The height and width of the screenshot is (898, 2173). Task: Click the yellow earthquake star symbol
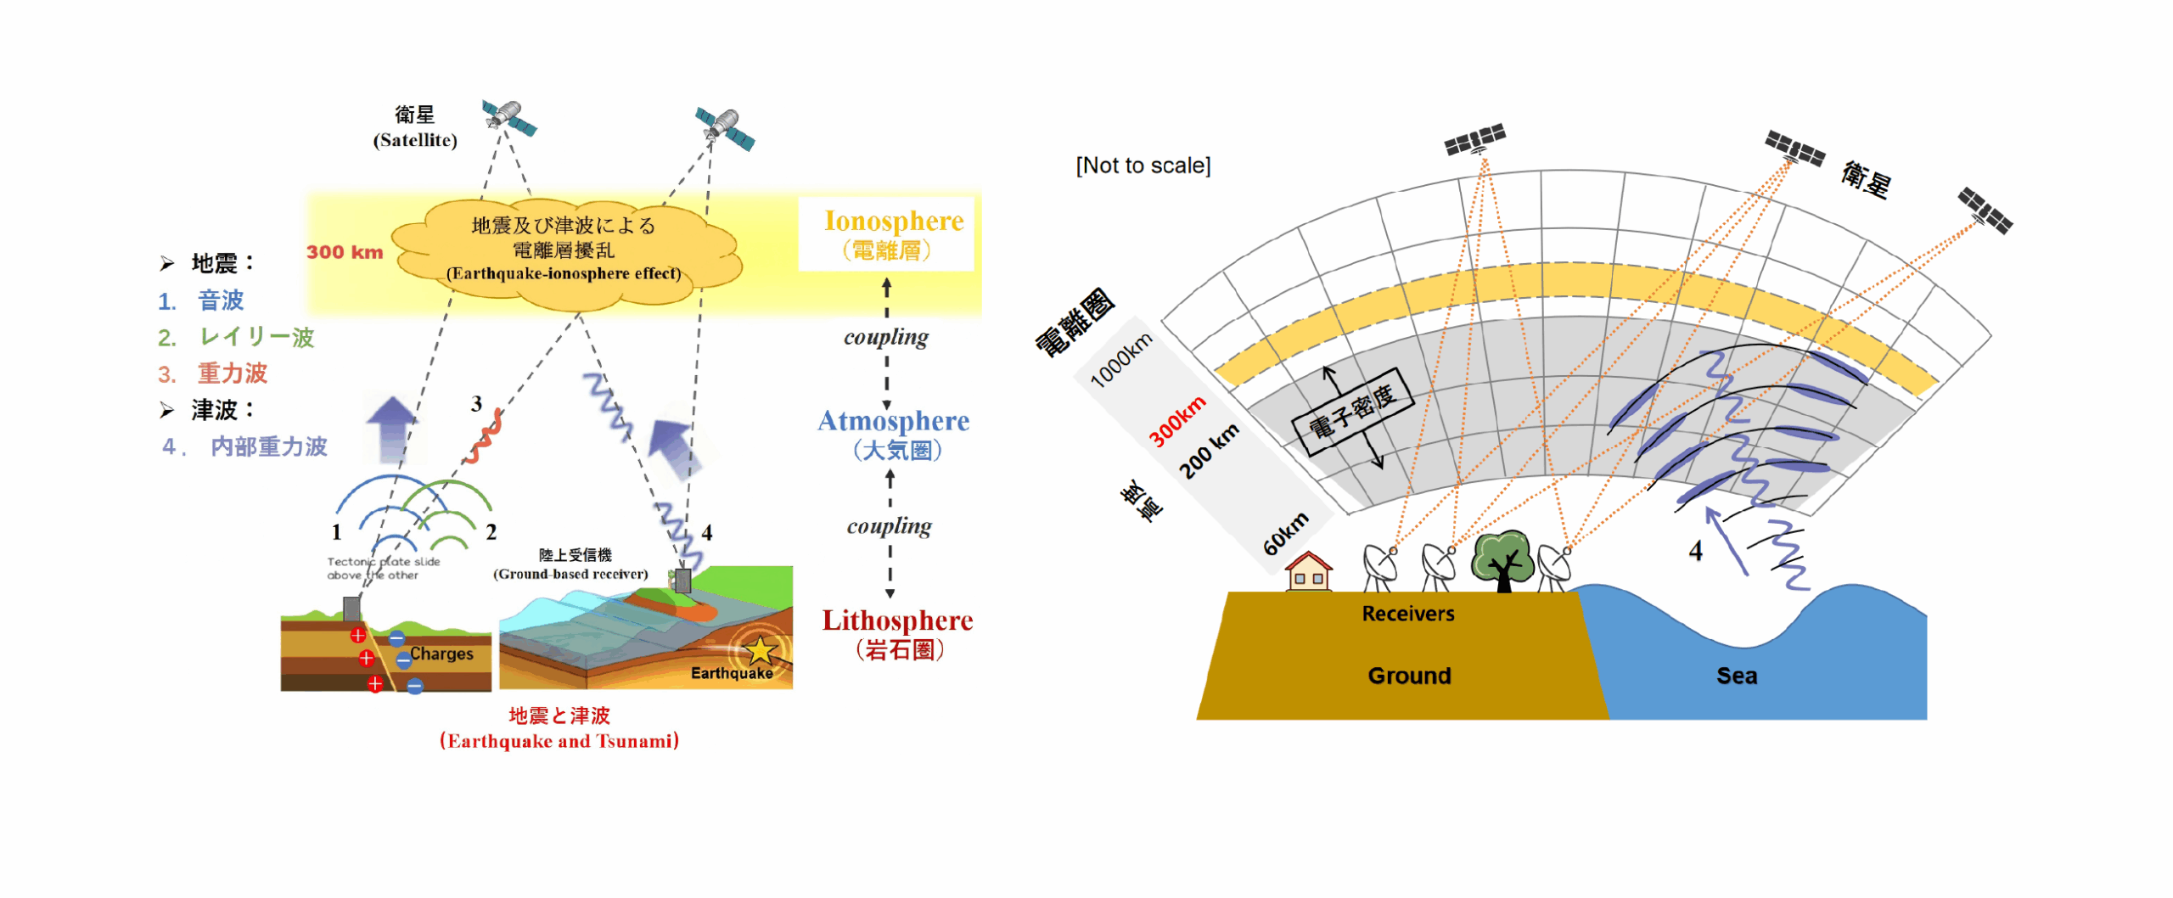[760, 650]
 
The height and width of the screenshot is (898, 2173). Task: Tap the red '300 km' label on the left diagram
[345, 252]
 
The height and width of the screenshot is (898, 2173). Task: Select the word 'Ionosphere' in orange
[894, 221]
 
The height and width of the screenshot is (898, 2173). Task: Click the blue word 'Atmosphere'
[893, 421]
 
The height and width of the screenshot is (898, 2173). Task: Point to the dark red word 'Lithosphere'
[897, 620]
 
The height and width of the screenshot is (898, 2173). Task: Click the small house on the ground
[1308, 572]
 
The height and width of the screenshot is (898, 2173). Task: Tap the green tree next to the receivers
[1503, 558]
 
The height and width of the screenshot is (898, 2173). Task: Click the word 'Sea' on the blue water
[1736, 676]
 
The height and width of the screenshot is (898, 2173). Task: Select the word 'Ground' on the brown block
[1409, 676]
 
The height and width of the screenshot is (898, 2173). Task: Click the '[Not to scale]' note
[1143, 166]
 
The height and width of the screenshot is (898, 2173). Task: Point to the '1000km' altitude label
[1120, 360]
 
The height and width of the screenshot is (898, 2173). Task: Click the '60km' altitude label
[1285, 533]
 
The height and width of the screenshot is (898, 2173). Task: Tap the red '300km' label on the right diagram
[1177, 421]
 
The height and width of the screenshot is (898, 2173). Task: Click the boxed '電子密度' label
[1351, 413]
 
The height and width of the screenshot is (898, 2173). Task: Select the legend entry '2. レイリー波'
[236, 338]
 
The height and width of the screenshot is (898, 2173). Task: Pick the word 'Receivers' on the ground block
[1407, 614]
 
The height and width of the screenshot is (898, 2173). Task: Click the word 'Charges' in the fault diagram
[441, 654]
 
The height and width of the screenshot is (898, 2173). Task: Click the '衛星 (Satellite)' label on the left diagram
[415, 127]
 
